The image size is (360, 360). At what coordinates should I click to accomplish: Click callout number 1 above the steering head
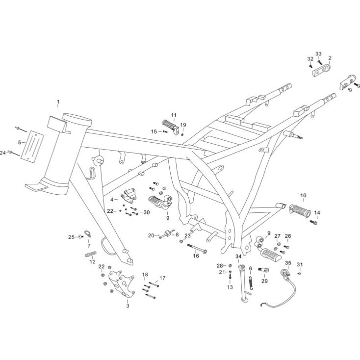click(58, 103)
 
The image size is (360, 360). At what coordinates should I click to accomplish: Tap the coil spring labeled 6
click(252, 283)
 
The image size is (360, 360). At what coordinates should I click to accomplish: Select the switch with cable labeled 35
click(285, 273)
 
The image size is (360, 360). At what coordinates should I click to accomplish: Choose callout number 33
click(318, 53)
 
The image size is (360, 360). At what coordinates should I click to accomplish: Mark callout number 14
click(317, 213)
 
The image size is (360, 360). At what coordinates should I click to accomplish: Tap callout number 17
click(162, 278)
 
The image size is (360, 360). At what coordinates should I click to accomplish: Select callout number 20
click(151, 235)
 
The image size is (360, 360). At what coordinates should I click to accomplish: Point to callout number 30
click(146, 212)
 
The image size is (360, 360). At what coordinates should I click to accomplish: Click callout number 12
click(92, 261)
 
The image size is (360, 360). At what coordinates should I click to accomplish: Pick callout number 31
click(300, 265)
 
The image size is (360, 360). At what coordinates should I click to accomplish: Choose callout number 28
click(220, 265)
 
